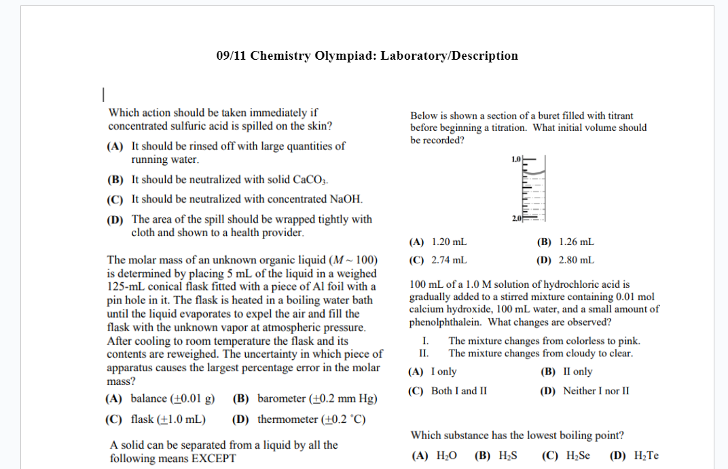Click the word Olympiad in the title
pos(346,56)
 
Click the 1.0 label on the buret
pos(515,159)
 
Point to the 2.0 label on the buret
pos(515,218)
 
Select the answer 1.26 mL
pos(576,242)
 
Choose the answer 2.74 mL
pos(449,260)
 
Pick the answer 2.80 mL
pos(576,260)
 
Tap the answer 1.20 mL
pos(449,242)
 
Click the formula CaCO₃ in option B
pos(310,180)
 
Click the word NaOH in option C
pos(346,199)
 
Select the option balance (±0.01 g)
pos(172,398)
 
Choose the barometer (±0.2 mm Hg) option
pos(317,398)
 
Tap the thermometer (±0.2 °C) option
pos(311,419)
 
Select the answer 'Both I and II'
pos(459,391)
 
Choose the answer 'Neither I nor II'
pos(596,391)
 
